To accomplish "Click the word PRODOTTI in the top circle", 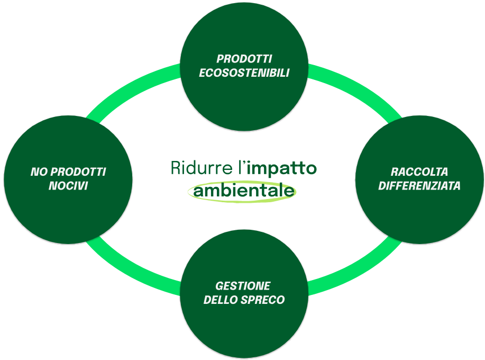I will (244, 59).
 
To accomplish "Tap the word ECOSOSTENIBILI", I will (244, 73).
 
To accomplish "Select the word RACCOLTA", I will (419, 172).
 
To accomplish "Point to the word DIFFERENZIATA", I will (419, 186).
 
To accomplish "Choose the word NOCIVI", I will (68, 186).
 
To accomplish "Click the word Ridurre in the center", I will (202, 168).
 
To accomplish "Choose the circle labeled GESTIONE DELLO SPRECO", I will (244, 328).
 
